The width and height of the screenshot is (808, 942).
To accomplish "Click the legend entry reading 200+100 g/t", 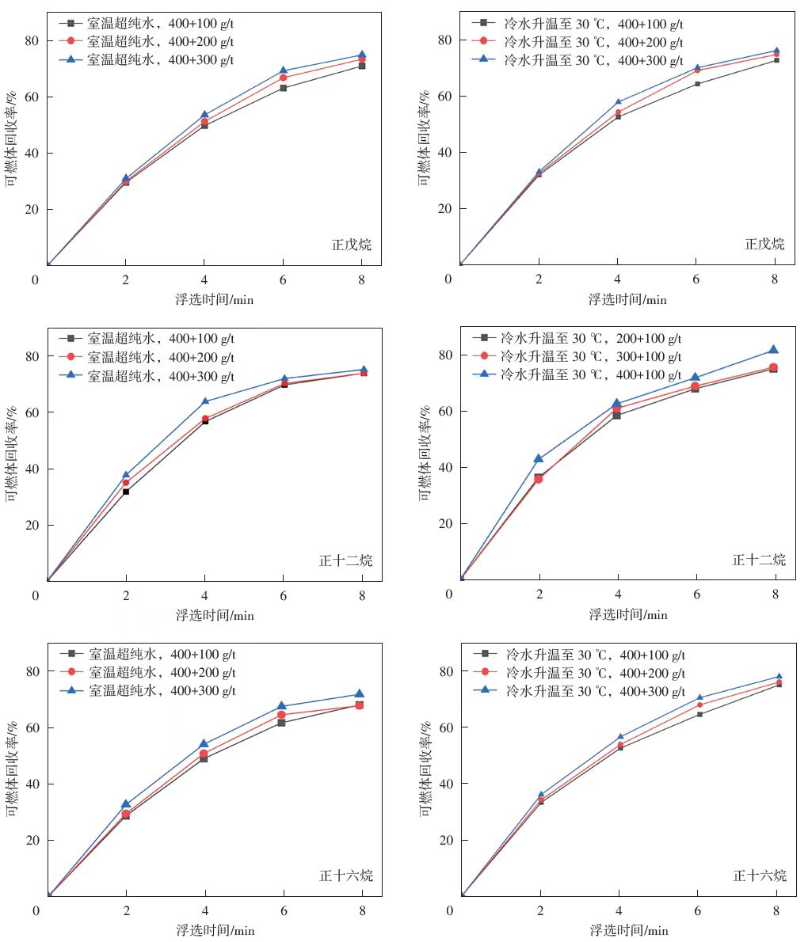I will tap(591, 338).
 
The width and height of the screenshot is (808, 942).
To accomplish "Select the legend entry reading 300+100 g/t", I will tap(591, 356).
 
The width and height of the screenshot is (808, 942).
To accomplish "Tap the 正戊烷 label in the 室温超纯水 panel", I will tap(351, 245).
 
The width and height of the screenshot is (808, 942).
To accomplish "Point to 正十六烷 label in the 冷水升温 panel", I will tap(760, 876).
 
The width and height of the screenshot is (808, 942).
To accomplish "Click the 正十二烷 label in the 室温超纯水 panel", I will tap(345, 560).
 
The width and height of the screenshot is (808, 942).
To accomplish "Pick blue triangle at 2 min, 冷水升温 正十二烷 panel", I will tap(539, 458).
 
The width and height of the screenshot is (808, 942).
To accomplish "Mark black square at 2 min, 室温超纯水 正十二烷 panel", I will tap(126, 492).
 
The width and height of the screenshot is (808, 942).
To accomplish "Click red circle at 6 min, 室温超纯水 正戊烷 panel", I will tap(283, 78).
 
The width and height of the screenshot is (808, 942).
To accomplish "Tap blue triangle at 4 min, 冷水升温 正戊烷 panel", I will tap(618, 101).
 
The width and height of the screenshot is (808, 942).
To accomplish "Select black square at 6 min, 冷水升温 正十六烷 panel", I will tap(699, 714).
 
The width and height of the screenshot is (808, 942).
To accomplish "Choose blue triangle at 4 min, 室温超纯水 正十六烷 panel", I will tap(204, 744).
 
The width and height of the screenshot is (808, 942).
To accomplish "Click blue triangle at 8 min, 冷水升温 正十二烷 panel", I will tap(774, 350).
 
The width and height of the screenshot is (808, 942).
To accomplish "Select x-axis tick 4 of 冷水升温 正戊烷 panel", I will tap(618, 279).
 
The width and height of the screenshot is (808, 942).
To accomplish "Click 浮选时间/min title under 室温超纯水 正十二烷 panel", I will tap(215, 615).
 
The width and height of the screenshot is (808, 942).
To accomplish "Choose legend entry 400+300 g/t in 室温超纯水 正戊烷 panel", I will tap(160, 59).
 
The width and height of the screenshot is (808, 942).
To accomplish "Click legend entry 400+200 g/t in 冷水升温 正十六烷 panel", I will tap(594, 673).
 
